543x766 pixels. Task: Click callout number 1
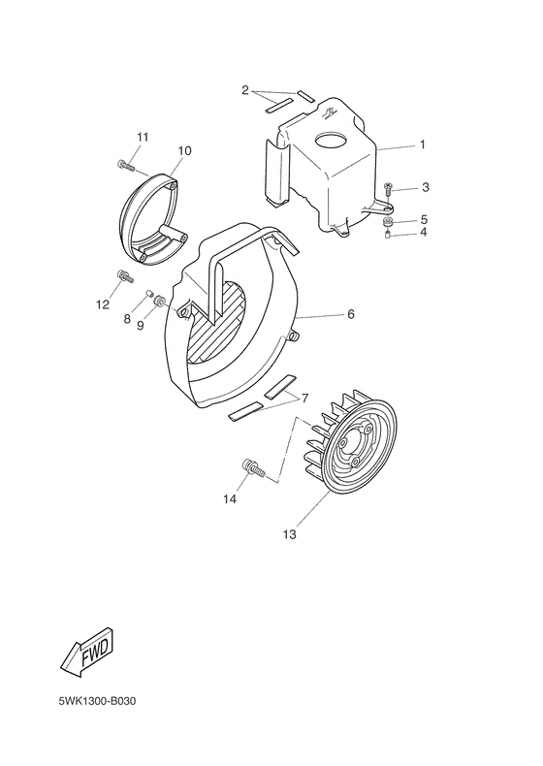tap(422, 144)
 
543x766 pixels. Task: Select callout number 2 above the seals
tap(246, 90)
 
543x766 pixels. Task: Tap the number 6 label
tap(351, 315)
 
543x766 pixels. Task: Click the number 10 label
tap(183, 150)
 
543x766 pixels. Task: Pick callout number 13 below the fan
tap(289, 534)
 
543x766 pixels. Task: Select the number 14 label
tap(229, 499)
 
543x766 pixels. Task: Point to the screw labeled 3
tap(389, 187)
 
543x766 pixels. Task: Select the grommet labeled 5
tap(388, 222)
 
